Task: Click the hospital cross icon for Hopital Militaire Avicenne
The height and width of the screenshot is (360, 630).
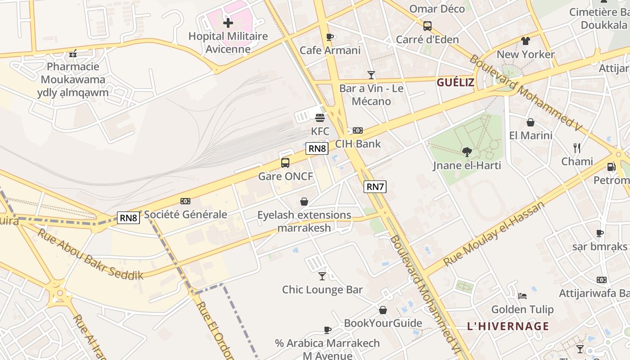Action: (228, 22)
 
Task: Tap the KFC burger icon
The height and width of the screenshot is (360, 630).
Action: (320, 118)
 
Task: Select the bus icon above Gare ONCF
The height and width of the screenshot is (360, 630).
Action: (285, 163)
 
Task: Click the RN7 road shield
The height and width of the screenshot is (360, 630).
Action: (375, 186)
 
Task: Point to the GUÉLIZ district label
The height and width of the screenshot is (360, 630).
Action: (455, 82)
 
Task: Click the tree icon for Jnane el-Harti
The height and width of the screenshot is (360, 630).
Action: (467, 152)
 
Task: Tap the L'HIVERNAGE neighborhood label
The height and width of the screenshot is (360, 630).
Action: (508, 326)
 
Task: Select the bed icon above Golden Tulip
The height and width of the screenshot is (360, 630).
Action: (522, 296)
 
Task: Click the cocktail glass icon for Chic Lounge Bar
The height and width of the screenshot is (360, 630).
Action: (322, 276)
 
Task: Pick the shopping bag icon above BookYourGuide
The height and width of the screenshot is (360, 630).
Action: (383, 310)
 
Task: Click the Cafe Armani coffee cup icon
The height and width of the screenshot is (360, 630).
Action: (330, 37)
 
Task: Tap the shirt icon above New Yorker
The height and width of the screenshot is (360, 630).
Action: (526, 41)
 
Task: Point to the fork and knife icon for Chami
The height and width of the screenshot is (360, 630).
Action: (577, 148)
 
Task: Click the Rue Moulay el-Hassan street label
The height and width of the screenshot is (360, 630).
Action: (494, 234)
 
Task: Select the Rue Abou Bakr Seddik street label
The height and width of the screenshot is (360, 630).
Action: (90, 255)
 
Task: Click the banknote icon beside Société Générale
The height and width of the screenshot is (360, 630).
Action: (185, 201)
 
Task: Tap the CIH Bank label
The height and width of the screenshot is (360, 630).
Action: (358, 144)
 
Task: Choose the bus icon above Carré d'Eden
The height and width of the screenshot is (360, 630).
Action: (427, 26)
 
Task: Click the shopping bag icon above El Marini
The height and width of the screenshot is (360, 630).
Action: (531, 122)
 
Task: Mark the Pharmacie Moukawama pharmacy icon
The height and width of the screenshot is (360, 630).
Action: (73, 54)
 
